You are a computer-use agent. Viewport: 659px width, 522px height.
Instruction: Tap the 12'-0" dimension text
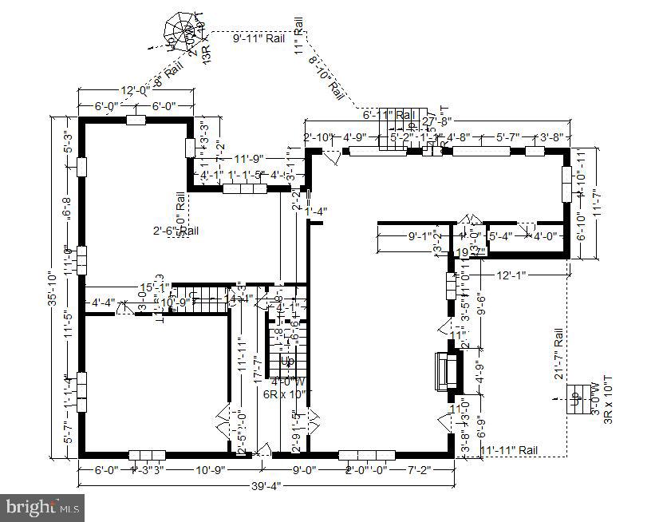[134, 90]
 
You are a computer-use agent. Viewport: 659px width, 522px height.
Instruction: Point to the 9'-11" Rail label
[258, 38]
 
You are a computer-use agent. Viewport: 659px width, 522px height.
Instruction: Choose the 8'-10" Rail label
[326, 78]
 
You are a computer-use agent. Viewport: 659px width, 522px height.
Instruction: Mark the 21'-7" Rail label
[558, 353]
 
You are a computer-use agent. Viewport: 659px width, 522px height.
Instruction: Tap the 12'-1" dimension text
[511, 275]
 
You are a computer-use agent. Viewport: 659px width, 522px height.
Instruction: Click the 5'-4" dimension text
[500, 235]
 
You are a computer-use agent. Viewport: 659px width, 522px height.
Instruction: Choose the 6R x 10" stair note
[284, 393]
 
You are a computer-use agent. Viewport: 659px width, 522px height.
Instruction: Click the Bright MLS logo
[44, 505]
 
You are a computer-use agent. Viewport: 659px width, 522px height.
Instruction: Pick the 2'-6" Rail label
[176, 231]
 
